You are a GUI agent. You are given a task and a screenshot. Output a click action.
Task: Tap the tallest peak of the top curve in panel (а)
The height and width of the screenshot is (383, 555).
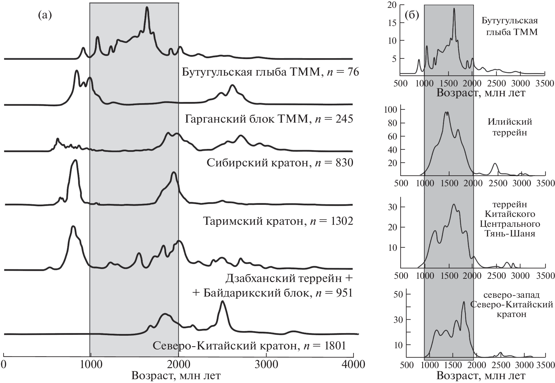[147, 8]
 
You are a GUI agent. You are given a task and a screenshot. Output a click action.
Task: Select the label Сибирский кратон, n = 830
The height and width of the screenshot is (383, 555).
[280, 163]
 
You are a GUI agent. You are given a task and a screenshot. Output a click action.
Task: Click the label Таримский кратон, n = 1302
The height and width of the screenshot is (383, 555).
[278, 221]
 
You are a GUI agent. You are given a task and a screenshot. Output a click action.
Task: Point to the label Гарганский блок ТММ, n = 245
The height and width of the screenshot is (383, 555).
[269, 119]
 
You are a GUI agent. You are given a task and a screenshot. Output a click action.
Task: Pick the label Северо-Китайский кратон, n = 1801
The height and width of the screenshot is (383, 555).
[249, 346]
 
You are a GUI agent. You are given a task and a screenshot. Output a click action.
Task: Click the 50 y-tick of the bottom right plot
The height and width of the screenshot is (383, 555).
[398, 294]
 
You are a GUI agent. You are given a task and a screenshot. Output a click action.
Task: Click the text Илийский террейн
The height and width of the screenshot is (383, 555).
[510, 127]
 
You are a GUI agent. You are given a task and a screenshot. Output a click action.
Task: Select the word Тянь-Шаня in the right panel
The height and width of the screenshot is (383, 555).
[510, 234]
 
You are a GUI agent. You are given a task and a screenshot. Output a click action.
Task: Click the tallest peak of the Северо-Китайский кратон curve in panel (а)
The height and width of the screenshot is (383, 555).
[222, 302]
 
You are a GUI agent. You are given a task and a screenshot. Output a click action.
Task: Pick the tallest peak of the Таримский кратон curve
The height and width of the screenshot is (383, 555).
[75, 160]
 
